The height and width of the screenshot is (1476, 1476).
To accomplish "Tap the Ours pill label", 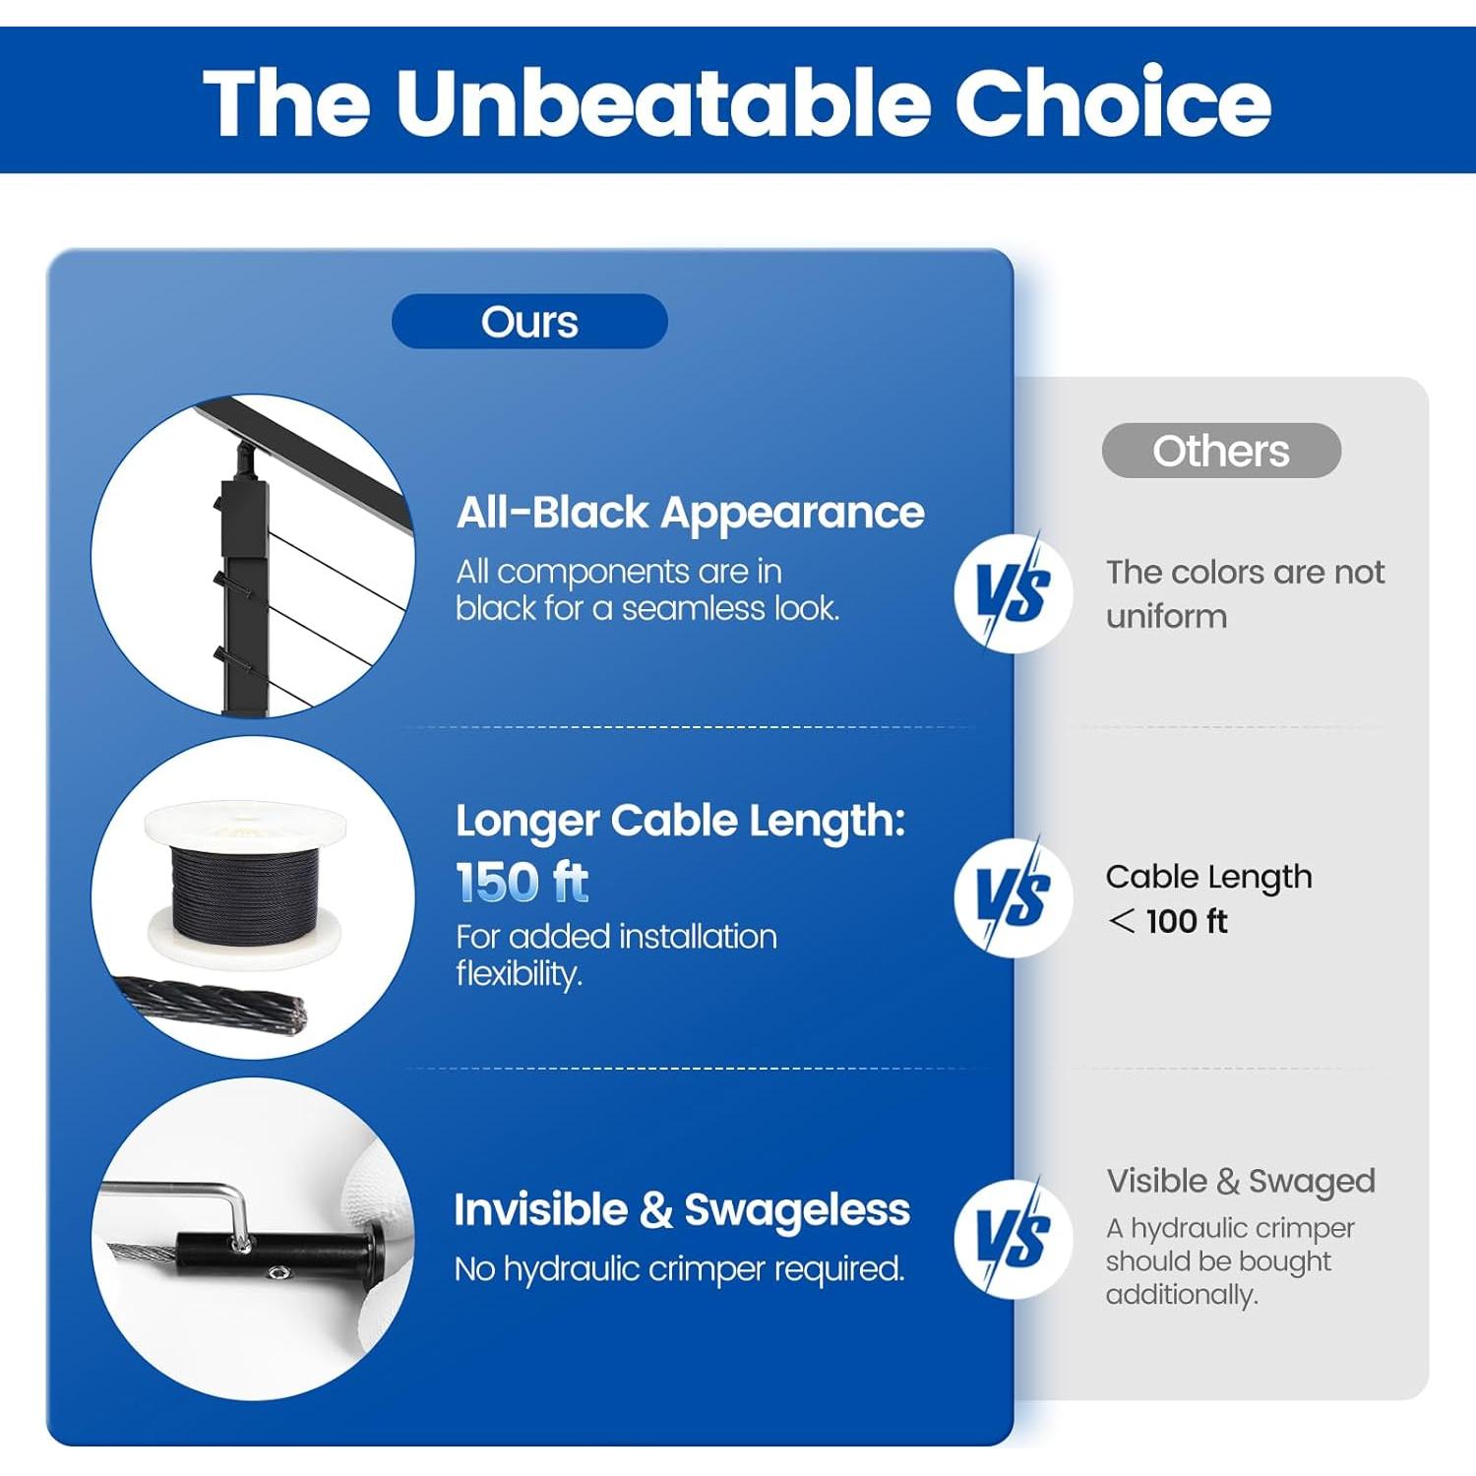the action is (x=529, y=322).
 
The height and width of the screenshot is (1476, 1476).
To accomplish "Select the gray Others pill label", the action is (x=1221, y=451).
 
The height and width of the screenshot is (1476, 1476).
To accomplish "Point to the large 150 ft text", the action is (x=523, y=882).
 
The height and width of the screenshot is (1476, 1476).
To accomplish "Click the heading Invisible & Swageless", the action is (x=682, y=1210).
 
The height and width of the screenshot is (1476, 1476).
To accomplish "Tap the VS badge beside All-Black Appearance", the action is (x=1014, y=592).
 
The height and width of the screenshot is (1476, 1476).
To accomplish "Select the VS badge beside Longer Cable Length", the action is (x=1014, y=896).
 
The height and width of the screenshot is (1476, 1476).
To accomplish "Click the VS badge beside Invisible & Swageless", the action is (x=1014, y=1238).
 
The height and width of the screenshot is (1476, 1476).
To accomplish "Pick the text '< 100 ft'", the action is (x=1168, y=921).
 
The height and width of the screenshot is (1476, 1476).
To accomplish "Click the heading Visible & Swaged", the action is (x=1241, y=1182).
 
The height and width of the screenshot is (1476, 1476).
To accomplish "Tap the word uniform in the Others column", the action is (x=1166, y=617).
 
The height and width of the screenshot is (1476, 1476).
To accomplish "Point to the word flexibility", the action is (x=519, y=974).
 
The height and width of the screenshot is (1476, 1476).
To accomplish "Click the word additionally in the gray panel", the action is (x=1182, y=1295).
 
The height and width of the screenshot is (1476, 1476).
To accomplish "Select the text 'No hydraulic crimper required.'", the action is (x=679, y=1269).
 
